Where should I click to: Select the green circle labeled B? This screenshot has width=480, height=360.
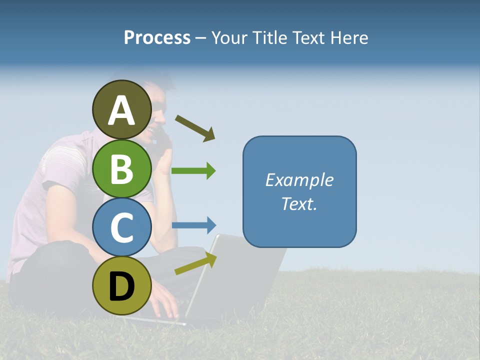(x=122, y=169)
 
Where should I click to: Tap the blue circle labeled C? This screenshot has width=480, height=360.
(x=122, y=227)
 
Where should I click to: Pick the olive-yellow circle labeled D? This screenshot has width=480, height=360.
(x=122, y=285)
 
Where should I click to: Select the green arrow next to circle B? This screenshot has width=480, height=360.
(x=193, y=171)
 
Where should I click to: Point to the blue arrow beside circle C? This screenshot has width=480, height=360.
(x=194, y=225)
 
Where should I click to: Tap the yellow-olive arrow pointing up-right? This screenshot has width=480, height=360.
(x=195, y=263)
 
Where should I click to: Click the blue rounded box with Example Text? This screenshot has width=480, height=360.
(x=299, y=191)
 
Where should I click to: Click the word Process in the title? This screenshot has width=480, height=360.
(x=157, y=37)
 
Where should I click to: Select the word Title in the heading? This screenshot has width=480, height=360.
(x=268, y=37)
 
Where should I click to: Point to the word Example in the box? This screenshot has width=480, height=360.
(x=299, y=180)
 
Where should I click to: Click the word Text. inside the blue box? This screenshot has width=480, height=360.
(x=299, y=204)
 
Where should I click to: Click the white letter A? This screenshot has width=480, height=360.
(x=122, y=110)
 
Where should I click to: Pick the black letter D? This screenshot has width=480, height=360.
(x=122, y=286)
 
